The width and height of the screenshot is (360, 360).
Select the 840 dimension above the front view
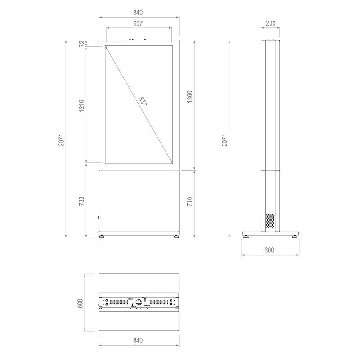(139, 12)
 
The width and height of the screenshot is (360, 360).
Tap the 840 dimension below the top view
(139, 341)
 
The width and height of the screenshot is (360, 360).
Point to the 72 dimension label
(81, 44)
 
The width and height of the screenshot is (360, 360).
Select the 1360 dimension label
(190, 98)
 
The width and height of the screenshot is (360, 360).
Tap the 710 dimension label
(190, 201)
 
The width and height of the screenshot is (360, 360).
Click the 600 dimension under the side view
(270, 250)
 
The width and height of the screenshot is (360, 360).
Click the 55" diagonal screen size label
(143, 101)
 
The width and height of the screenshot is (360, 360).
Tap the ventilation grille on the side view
(270, 220)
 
